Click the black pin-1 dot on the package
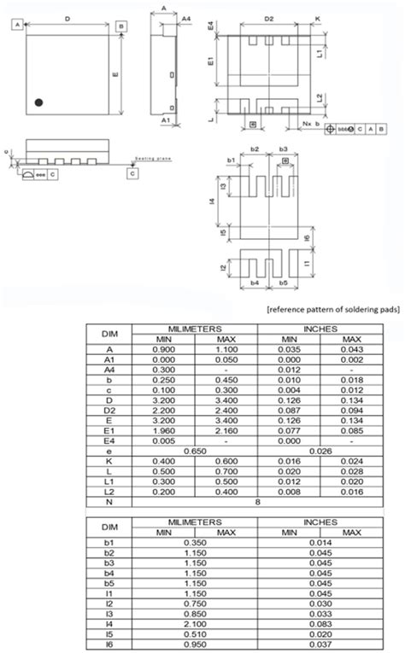click(x=38, y=102)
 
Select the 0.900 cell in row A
click(x=166, y=348)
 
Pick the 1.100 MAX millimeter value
click(x=226, y=348)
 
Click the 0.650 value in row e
click(x=196, y=452)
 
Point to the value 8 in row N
click(x=258, y=503)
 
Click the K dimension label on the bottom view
click(x=317, y=17)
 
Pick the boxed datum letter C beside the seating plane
click(x=132, y=173)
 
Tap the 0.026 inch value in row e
click(x=320, y=452)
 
